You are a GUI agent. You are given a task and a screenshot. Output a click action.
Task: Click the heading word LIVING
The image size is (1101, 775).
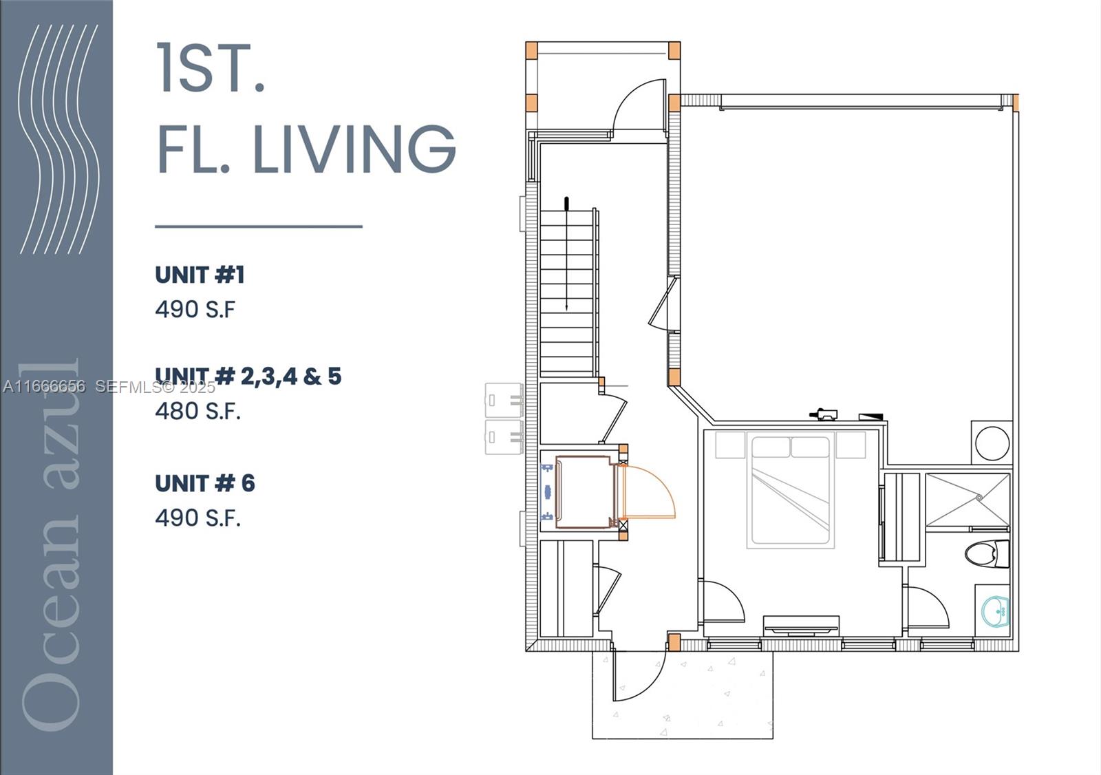pos(354,149)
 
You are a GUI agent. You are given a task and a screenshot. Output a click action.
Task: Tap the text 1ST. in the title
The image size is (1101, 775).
pos(211,68)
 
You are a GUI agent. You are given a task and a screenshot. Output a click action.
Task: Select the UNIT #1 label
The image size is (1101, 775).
pos(200,275)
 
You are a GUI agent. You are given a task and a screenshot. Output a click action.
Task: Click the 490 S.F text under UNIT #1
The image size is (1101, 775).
pos(195,310)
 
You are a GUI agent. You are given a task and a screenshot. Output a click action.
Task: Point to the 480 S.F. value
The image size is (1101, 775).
pos(197,411)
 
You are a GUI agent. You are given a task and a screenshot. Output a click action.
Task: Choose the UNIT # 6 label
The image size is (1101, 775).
pos(204,484)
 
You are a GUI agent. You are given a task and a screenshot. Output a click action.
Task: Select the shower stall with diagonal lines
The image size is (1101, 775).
pos(967,500)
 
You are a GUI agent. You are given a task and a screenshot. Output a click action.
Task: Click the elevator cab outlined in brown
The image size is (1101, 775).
pos(584,491)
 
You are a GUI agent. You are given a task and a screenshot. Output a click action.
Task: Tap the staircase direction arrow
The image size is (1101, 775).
pos(566,255)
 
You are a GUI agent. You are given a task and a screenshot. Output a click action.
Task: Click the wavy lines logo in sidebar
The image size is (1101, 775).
pos(58,138)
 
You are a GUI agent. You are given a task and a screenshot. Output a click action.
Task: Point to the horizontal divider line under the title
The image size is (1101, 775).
pos(258,226)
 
